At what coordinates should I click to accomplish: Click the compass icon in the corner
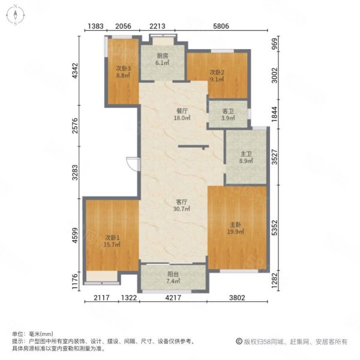tap(16, 16)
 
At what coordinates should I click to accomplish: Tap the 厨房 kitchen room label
tap(163, 56)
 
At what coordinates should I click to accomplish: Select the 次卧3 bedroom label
tap(123, 68)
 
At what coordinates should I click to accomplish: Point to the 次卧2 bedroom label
tap(217, 73)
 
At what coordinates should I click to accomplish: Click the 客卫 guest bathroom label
tap(228, 112)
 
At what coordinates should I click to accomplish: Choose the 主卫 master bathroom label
tap(246, 154)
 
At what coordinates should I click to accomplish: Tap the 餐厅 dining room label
tap(182, 111)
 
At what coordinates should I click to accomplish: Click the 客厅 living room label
tap(182, 202)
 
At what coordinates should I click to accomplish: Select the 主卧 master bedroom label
tap(236, 224)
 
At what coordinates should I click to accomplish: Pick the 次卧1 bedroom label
tap(112, 238)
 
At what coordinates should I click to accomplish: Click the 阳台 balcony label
tap(173, 274)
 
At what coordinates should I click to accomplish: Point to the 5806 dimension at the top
tap(221, 26)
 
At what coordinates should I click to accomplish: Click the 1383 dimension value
tap(96, 26)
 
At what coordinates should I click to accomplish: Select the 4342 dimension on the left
tap(76, 71)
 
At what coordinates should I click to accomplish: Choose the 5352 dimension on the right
tap(275, 228)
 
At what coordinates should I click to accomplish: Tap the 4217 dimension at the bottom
tap(173, 298)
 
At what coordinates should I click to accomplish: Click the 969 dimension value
tap(275, 44)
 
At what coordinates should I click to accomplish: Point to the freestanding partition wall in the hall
tap(194, 146)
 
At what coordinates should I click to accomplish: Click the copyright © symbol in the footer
tap(239, 341)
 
